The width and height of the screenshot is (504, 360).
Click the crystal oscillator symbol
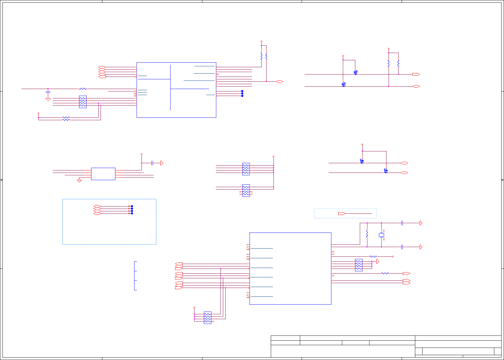tap(381, 235)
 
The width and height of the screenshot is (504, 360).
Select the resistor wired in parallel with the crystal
tap(367, 234)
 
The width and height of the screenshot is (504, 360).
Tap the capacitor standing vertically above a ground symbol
tap(48, 92)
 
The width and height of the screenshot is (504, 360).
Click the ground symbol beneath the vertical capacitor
tap(48, 99)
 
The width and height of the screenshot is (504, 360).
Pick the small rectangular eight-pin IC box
tap(103, 174)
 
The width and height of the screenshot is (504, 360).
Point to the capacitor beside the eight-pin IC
tap(152, 163)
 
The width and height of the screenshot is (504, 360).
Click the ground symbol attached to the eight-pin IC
tap(79, 181)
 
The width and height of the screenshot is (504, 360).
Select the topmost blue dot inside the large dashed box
tap(132, 206)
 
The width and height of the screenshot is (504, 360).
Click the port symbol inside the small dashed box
tap(342, 213)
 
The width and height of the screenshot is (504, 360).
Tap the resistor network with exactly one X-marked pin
tap(207, 318)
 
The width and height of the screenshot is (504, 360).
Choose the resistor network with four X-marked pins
tap(246, 190)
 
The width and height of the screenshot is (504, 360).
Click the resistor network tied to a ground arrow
tap(359, 265)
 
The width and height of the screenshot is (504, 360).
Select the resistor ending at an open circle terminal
tap(373, 256)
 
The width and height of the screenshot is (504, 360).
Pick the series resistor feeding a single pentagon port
tap(385, 273)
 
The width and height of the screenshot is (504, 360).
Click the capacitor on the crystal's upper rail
tap(402, 223)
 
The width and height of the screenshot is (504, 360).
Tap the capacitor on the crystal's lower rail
tap(402, 247)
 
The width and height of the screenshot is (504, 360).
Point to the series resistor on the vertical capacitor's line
tap(83, 89)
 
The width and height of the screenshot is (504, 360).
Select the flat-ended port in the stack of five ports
tap(102, 77)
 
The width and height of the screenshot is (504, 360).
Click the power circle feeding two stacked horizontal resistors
tap(38, 114)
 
